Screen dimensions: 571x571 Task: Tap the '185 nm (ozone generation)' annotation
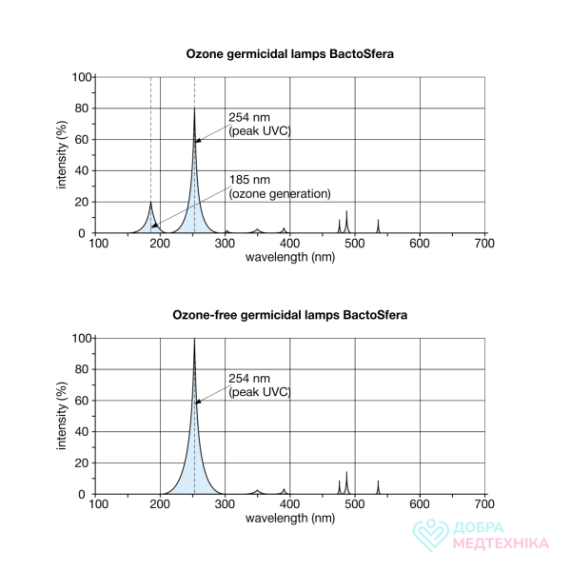tap(279, 187)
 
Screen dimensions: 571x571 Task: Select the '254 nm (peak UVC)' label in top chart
tap(259, 124)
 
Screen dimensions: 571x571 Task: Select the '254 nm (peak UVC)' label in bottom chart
tap(259, 384)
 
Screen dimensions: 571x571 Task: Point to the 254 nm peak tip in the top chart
tap(195, 108)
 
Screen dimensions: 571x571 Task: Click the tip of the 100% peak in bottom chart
tap(195, 338)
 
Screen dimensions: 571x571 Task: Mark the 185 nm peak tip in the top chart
tap(150, 202)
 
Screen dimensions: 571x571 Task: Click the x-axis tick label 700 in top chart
tap(484, 245)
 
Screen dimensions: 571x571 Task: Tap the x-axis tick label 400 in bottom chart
tap(290, 505)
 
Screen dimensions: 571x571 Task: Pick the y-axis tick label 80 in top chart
tap(83, 108)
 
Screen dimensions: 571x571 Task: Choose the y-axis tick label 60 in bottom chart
tap(83, 401)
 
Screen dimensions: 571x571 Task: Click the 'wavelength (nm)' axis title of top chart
tap(290, 258)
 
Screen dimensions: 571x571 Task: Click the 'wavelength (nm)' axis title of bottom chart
tap(290, 519)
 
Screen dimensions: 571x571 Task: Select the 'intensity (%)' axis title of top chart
tap(63, 155)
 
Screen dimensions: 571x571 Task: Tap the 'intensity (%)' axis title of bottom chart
tap(63, 416)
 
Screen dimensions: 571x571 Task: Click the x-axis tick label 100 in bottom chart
tap(96, 505)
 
